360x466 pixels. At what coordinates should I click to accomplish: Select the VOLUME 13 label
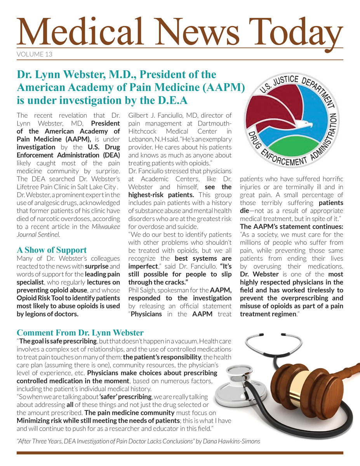tap(35, 54)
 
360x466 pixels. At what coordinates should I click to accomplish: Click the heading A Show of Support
tap(52, 250)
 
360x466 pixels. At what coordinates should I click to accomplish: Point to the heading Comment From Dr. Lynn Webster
tap(80, 333)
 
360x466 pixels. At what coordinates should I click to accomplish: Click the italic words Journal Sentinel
tap(38, 234)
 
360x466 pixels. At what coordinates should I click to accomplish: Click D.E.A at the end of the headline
tap(170, 101)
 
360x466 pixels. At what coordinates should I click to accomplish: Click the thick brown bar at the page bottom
tap(180, 453)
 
